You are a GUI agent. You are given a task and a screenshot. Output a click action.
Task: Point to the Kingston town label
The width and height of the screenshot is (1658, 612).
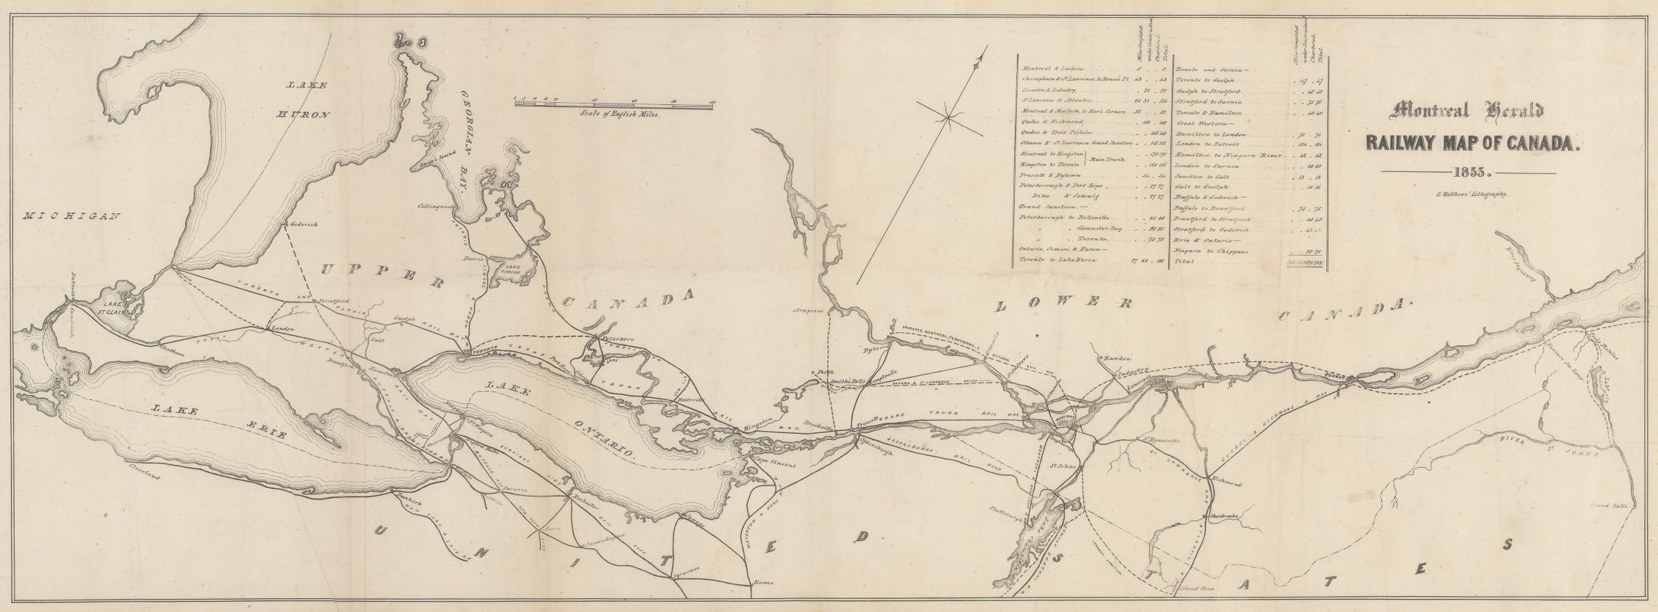tap(761, 429)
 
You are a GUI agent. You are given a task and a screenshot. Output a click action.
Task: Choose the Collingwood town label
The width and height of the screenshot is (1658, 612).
tap(436, 207)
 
